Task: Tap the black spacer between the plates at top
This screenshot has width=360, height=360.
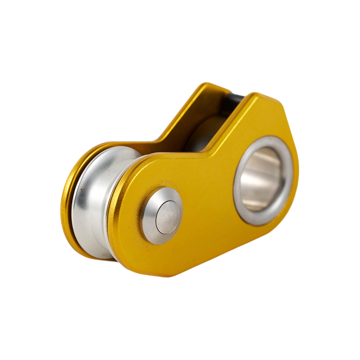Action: point(234,100)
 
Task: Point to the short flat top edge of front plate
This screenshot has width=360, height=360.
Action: point(265,97)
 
